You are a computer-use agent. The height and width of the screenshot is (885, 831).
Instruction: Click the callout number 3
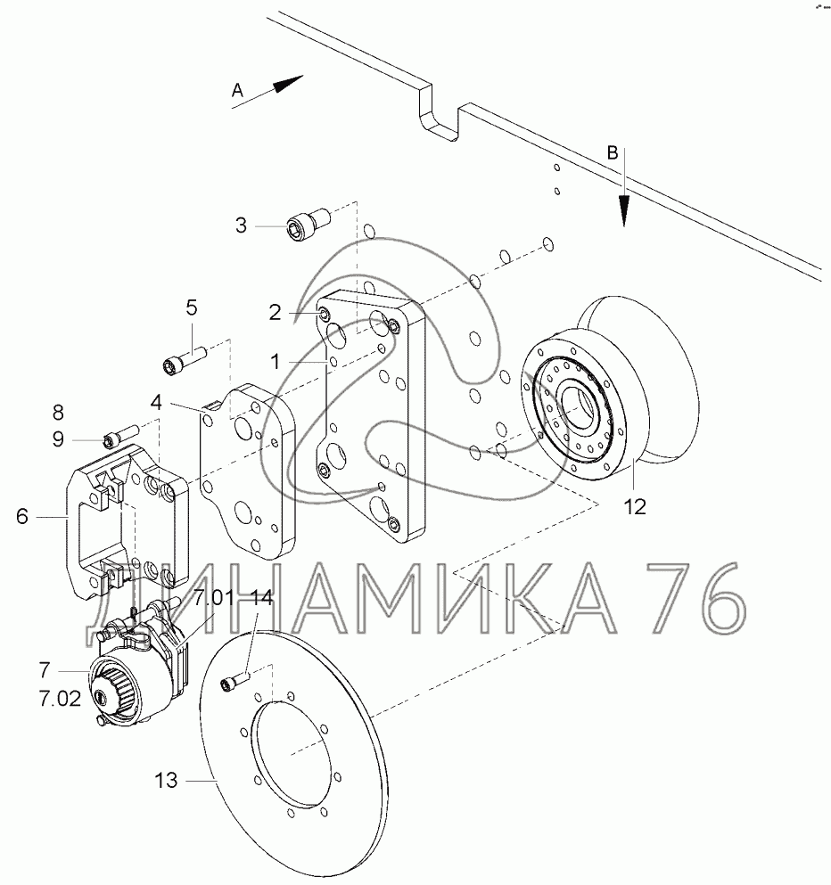(x=241, y=225)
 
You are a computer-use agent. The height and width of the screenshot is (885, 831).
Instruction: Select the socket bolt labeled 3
(x=309, y=223)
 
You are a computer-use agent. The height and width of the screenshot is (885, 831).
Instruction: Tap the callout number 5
(x=192, y=307)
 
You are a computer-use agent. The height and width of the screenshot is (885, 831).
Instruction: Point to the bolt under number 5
(x=185, y=360)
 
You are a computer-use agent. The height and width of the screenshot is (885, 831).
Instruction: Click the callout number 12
(x=635, y=507)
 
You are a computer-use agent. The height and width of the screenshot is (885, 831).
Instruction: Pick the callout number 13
(x=166, y=781)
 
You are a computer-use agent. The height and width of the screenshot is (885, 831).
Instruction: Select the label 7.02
(x=60, y=699)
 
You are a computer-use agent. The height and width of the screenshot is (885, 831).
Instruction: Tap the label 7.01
(x=214, y=597)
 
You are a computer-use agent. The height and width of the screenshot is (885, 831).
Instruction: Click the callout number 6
(x=22, y=516)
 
